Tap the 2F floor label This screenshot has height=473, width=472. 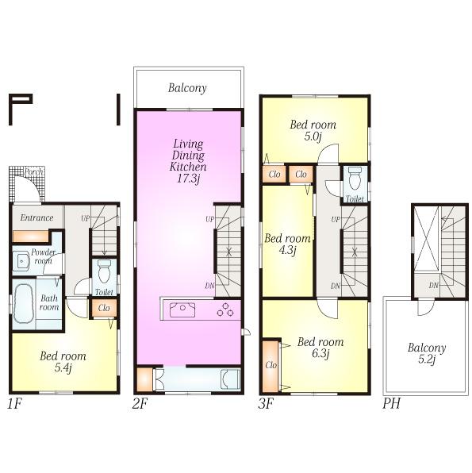pyautogui.click(x=140, y=403)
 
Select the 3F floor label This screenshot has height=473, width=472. pyautogui.click(x=266, y=403)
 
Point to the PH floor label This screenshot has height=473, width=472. pyautogui.click(x=391, y=403)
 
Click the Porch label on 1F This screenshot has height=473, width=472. pyautogui.click(x=33, y=172)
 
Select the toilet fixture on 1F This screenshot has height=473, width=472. pyautogui.click(x=103, y=274)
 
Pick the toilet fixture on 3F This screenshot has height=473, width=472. pyautogui.click(x=355, y=176)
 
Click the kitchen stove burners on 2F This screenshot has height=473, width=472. pyautogui.click(x=226, y=310)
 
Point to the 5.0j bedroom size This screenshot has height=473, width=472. pyautogui.click(x=312, y=137)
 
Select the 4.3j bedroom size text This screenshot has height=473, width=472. pyautogui.click(x=286, y=251)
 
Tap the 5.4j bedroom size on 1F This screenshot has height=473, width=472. pyautogui.click(x=63, y=368)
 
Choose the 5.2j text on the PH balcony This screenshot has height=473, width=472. pyautogui.click(x=427, y=360)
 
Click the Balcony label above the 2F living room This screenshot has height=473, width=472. pyautogui.click(x=188, y=89)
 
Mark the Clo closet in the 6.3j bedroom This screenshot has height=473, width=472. pyautogui.click(x=271, y=366)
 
